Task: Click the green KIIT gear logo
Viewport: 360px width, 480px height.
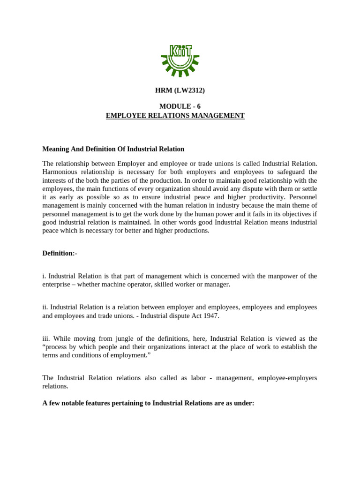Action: [x=180, y=60]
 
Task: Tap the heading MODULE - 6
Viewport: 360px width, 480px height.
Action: [x=180, y=106]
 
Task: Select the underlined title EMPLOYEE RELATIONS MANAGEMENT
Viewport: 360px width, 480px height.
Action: [x=175, y=115]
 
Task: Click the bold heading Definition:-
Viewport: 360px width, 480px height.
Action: [x=60, y=253]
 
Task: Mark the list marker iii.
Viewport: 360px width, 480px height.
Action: [x=46, y=338]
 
